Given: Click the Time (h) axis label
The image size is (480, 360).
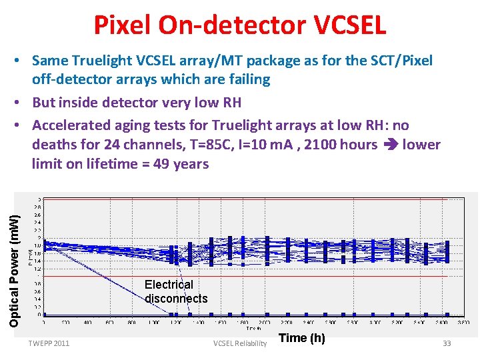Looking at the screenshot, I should pos(301,338).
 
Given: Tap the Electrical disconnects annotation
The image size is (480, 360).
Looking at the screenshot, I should pos(175,291).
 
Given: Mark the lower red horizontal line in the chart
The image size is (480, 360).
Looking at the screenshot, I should pos(253,276).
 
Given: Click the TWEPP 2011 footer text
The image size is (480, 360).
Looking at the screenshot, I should pos(49,343).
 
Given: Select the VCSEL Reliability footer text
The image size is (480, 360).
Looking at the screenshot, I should pos(239,343).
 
